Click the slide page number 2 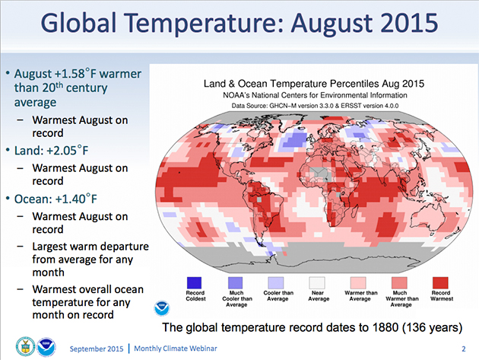462,348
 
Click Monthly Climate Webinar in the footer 182,348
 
